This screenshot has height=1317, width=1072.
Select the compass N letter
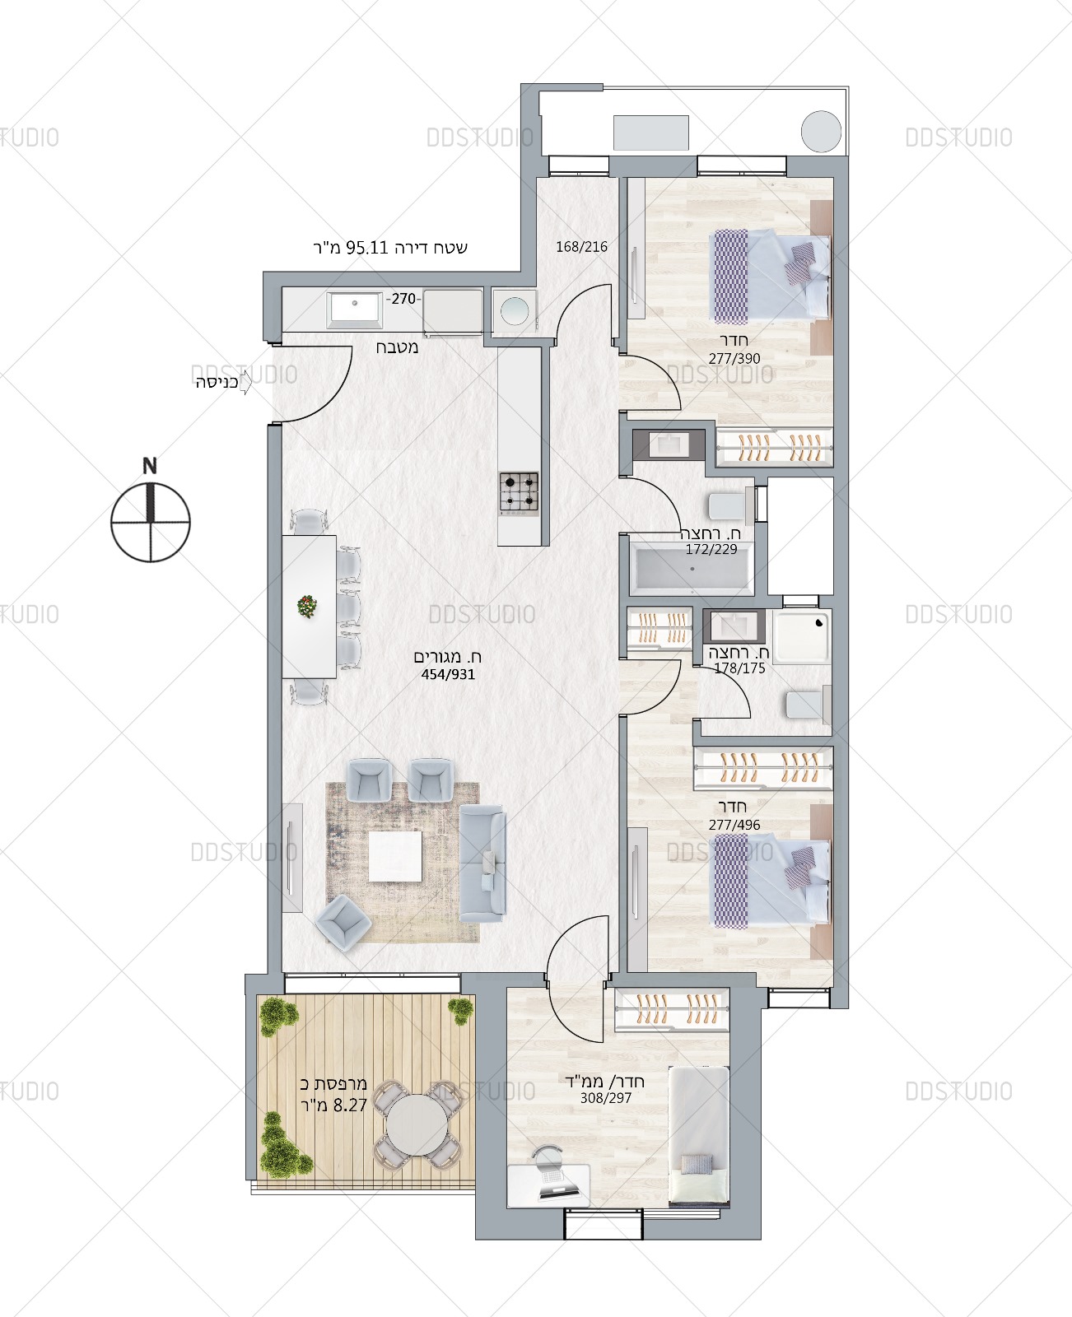(x=150, y=466)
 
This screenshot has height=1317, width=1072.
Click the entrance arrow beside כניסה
(x=245, y=382)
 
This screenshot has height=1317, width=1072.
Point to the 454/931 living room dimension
(x=448, y=675)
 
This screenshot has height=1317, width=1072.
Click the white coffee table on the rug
(x=396, y=856)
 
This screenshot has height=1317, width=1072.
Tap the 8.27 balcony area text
(x=350, y=1105)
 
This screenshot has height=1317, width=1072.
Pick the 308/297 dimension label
(x=606, y=1098)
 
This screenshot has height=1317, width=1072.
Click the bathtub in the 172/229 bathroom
(x=692, y=568)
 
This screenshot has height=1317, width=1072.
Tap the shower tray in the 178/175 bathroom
(x=802, y=637)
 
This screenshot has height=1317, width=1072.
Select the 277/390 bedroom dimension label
(x=734, y=359)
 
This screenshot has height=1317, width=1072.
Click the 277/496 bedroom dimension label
(x=734, y=825)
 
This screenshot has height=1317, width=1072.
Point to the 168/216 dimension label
(x=581, y=247)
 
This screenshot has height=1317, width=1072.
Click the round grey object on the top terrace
(x=821, y=131)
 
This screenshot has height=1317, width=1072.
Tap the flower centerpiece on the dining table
(x=307, y=606)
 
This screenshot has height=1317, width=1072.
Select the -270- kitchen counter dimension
(x=403, y=299)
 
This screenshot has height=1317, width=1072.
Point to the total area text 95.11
(x=367, y=248)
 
